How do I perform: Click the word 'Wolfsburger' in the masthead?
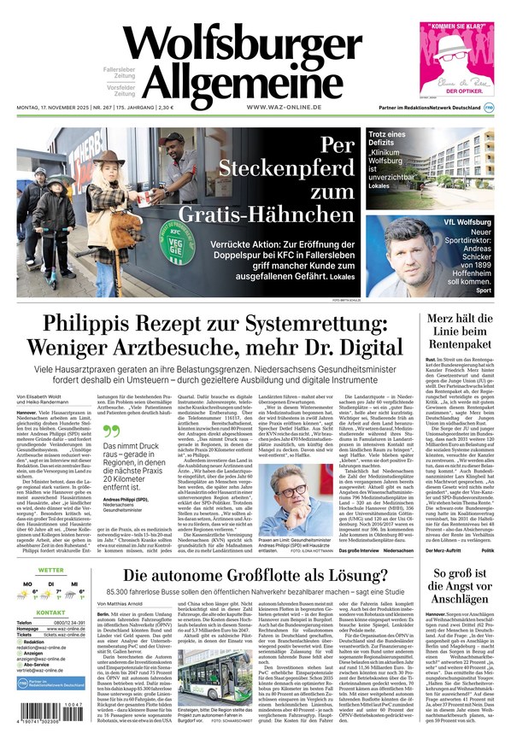[244, 44]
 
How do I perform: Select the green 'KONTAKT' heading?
[50, 613]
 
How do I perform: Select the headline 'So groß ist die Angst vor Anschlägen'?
[461, 586]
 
